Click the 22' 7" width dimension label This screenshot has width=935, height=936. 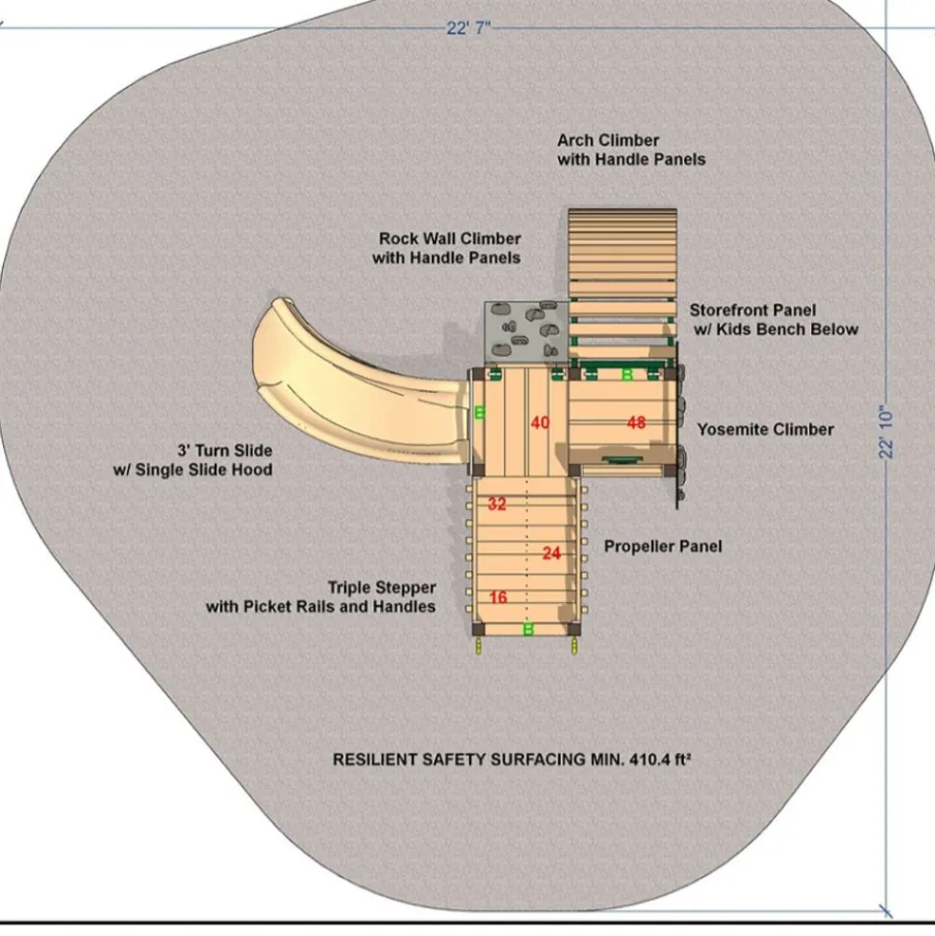(x=468, y=28)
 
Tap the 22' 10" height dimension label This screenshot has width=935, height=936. (x=885, y=432)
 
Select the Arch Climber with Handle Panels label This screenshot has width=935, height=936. (x=631, y=150)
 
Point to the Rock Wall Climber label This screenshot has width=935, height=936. (x=447, y=248)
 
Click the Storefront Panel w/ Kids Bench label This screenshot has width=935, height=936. (x=774, y=320)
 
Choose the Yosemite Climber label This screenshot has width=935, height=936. (x=765, y=429)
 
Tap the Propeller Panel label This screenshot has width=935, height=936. (x=663, y=546)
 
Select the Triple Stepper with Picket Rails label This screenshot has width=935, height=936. (x=322, y=597)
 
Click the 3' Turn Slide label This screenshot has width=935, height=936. (x=193, y=460)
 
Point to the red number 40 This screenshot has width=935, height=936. (x=540, y=423)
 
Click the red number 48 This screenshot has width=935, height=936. (x=636, y=423)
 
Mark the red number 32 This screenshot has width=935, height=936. (x=497, y=504)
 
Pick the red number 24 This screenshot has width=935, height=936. (x=551, y=553)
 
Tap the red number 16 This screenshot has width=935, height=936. (x=498, y=597)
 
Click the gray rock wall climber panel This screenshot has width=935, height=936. (x=526, y=332)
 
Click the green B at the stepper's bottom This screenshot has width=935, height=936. (x=529, y=629)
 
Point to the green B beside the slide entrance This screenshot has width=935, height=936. (x=480, y=412)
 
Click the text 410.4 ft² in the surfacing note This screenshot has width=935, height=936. (x=660, y=759)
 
